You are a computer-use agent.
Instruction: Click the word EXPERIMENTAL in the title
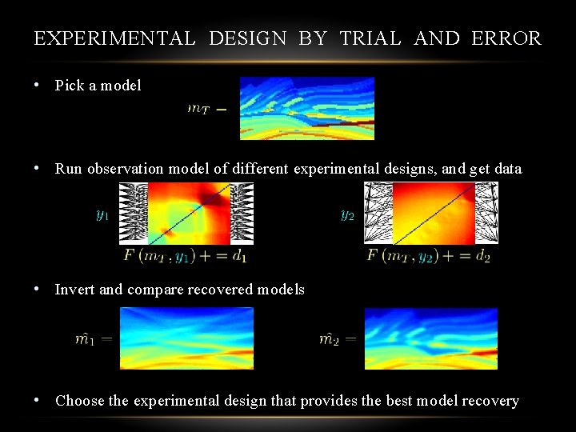click(114, 38)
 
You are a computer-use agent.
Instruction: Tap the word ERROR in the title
click(506, 38)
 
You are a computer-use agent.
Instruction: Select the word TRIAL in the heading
click(370, 38)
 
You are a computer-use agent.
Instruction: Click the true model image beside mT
click(307, 108)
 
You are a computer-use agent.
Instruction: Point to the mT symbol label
click(198, 109)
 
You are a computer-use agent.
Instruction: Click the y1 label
click(102, 215)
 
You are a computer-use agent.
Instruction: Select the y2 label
click(346, 215)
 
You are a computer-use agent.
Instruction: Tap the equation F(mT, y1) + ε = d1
click(186, 256)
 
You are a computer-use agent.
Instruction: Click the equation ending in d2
click(429, 256)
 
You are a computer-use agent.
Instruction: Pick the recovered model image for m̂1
click(186, 338)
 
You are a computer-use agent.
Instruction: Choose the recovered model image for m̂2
click(430, 338)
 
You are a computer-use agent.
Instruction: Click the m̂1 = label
click(94, 339)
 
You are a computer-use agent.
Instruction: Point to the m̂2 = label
click(338, 339)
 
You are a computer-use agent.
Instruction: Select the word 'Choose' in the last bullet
click(80, 401)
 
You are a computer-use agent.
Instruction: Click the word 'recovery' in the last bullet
click(491, 401)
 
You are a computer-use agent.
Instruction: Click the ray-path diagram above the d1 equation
click(186, 213)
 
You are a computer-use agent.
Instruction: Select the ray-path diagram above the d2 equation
click(430, 213)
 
